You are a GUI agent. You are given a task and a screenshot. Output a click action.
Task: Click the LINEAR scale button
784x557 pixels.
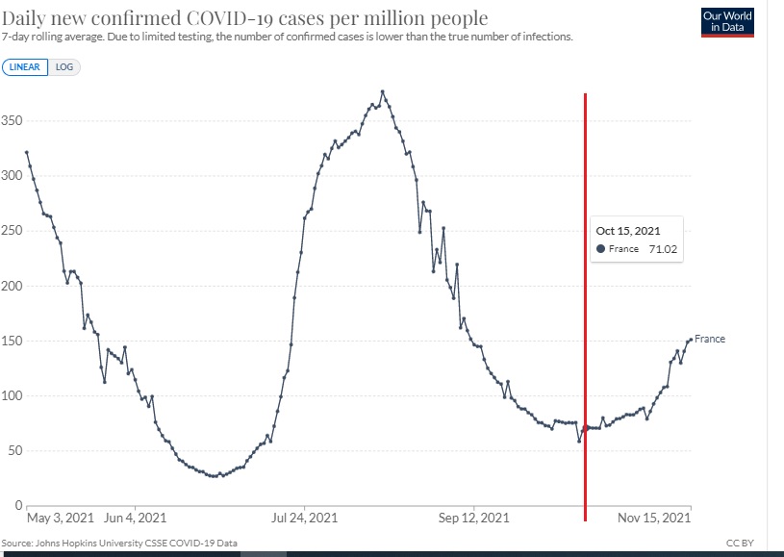[25, 67]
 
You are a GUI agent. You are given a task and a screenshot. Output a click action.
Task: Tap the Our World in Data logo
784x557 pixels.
[727, 21]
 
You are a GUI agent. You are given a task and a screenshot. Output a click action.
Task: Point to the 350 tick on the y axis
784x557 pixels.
[12, 121]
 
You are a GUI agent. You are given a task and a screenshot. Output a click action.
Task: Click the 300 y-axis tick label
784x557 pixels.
[12, 176]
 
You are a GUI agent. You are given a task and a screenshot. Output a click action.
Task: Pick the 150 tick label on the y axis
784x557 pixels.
[12, 342]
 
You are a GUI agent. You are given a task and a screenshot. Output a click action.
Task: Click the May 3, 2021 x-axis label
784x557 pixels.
[61, 519]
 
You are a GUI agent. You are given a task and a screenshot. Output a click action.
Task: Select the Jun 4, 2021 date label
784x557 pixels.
[136, 519]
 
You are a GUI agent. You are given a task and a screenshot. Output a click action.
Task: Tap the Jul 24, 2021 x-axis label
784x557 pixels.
[305, 519]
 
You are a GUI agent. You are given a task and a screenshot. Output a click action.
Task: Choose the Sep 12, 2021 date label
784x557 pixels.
[474, 519]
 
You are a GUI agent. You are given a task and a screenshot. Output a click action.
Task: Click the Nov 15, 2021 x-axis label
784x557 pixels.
[654, 519]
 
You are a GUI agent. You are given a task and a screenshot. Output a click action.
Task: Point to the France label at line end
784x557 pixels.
[710, 340]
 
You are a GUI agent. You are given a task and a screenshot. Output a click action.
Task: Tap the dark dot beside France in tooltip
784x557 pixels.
[601, 249]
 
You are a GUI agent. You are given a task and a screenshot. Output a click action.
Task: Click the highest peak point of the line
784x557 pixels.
[382, 92]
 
